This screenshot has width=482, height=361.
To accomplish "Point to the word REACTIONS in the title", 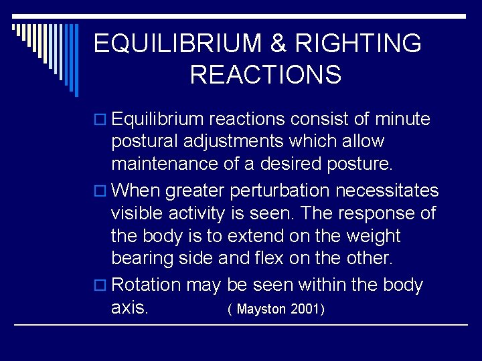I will pyautogui.click(x=265, y=74).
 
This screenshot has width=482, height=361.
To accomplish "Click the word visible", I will pyautogui.click(x=138, y=215).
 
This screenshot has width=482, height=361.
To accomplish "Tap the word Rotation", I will pyautogui.click(x=147, y=285).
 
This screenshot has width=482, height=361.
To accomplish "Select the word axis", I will pyautogui.click(x=131, y=309).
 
